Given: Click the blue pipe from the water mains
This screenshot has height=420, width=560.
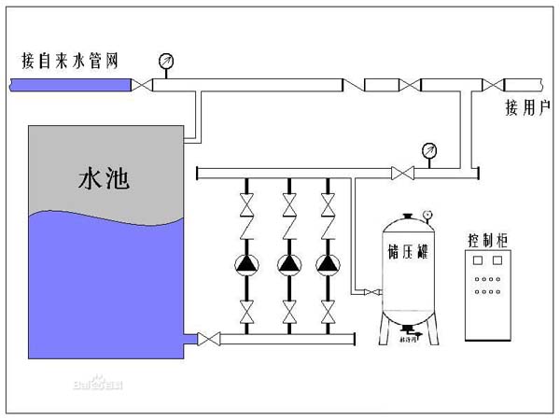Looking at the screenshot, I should (x=70, y=85).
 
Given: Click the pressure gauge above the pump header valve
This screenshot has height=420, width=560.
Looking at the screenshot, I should (x=429, y=149).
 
